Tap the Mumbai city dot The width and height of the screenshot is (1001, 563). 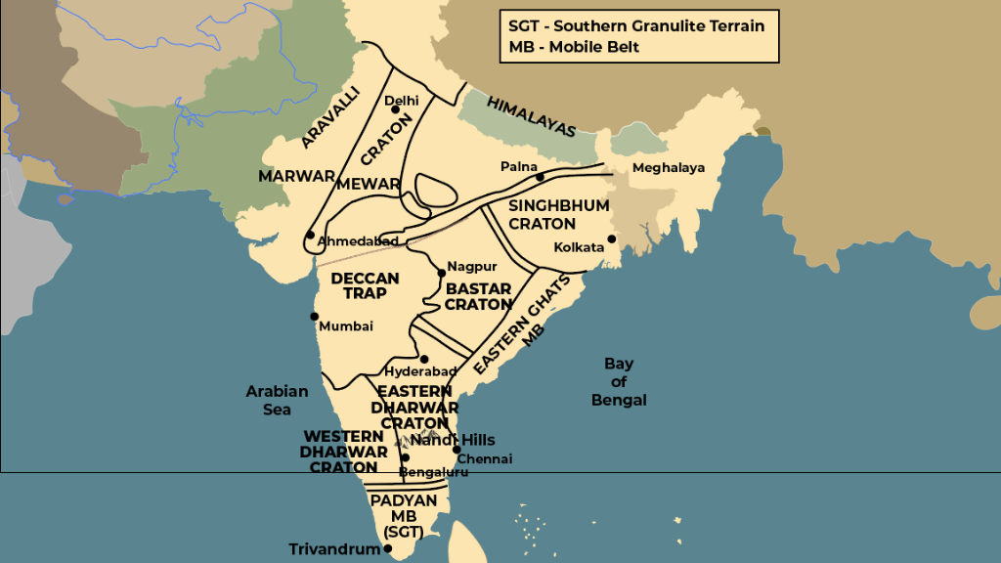314,316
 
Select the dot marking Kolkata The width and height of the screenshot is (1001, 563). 612,238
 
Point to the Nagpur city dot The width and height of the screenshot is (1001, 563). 441,273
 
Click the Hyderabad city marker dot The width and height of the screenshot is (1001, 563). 424,360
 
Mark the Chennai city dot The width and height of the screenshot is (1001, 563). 457,450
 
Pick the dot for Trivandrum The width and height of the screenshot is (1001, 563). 388,549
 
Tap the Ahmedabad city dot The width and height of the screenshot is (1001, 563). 310,235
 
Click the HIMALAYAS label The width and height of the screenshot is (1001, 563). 531,116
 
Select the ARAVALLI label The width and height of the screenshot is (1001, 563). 330,116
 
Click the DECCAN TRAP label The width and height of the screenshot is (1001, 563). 365,285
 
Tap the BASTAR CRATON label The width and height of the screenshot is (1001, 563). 478,296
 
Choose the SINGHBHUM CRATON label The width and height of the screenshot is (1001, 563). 558,214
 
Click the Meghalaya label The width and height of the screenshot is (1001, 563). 669,168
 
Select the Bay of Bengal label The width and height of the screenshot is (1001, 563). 619,381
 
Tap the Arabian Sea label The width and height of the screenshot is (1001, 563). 277,400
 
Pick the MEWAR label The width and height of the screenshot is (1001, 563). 369,184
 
